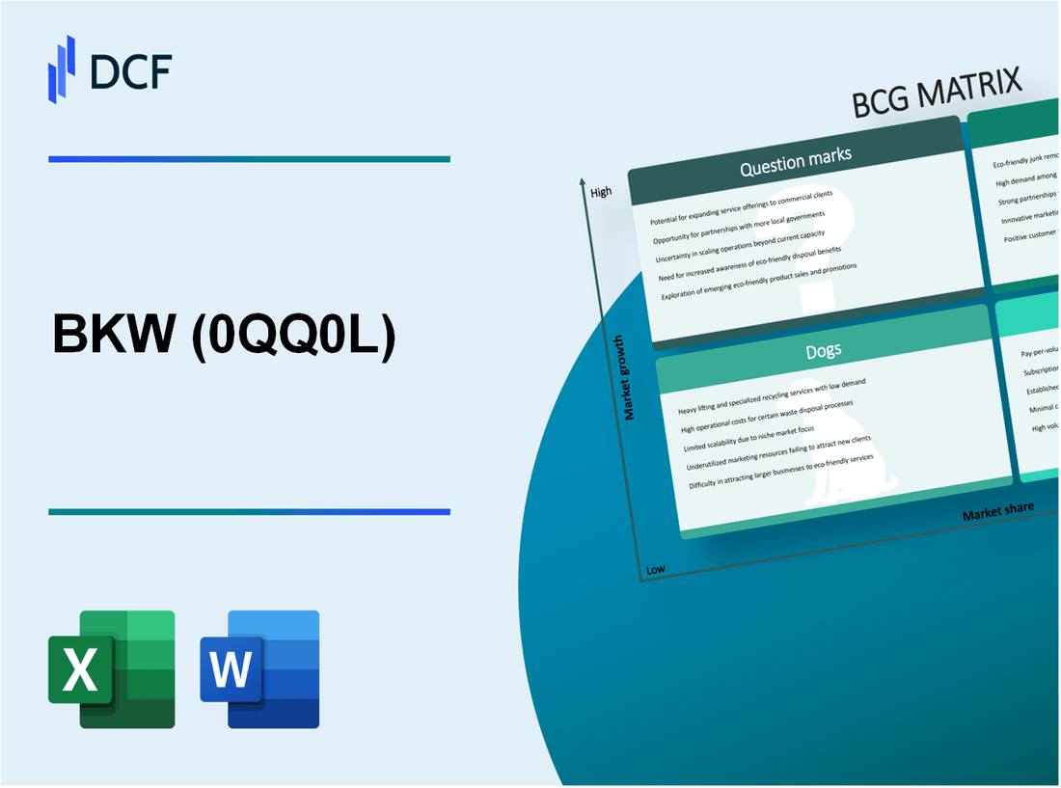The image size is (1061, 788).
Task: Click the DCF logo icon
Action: pyautogui.click(x=62, y=68)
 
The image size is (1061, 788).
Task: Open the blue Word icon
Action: pyautogui.click(x=260, y=668)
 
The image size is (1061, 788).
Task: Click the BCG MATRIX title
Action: pyautogui.click(x=937, y=95)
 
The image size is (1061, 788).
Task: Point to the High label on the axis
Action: pyautogui.click(x=601, y=192)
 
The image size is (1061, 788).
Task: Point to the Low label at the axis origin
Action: pyautogui.click(x=655, y=569)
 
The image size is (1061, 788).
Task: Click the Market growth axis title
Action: pyautogui.click(x=630, y=377)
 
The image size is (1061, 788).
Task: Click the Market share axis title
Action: pyautogui.click(x=997, y=510)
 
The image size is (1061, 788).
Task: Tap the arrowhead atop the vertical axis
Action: pyautogui.click(x=583, y=181)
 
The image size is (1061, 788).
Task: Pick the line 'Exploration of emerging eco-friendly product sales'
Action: pyautogui.click(x=759, y=283)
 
